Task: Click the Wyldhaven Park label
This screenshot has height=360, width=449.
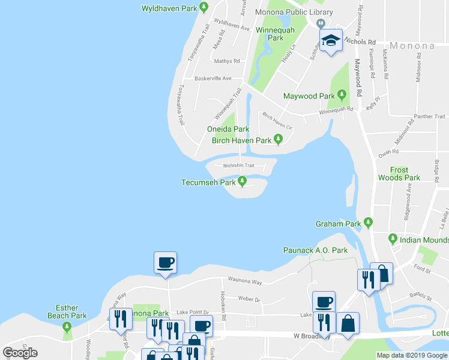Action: pos(169,8)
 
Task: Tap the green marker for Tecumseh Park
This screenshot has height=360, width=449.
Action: pos(243,181)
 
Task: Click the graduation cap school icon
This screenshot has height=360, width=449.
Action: pos(330,41)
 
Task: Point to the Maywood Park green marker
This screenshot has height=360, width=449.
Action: pos(342,95)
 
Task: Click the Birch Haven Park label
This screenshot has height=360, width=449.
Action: pos(242,140)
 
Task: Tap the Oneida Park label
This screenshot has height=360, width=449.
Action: pos(228,129)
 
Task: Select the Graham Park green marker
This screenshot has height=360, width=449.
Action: pos(369,223)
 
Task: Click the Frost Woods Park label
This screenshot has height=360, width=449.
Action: pos(399,174)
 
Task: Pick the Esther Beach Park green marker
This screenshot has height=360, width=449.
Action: pos(67,326)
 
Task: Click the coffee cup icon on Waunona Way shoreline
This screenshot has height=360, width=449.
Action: pos(165,262)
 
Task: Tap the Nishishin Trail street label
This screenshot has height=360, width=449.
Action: pos(239,166)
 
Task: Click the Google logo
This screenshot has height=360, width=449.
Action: pos(20,353)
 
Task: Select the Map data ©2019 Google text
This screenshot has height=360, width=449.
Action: pos(411,355)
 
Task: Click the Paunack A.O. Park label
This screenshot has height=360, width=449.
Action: pos(315,250)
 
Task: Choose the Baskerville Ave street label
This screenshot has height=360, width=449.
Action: pos(212,79)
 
